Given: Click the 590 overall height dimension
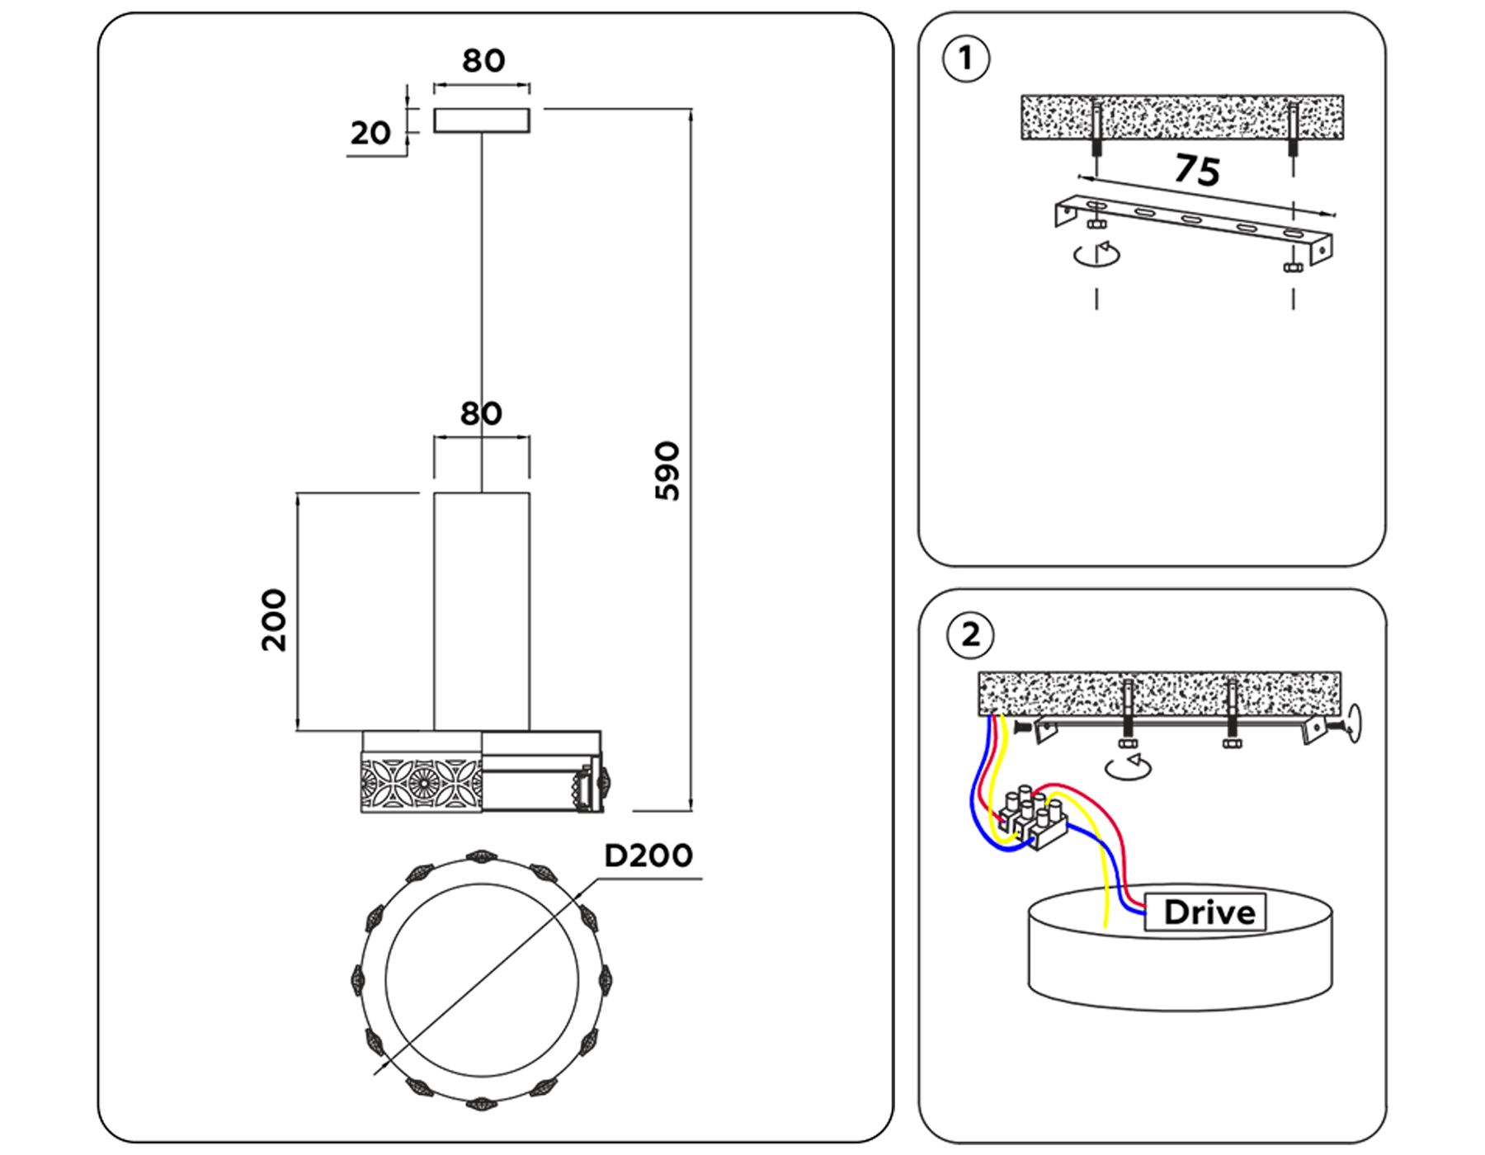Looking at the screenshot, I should pos(667,471).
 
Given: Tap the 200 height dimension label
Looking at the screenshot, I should pos(274,620).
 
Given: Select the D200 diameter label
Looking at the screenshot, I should pos(648,856).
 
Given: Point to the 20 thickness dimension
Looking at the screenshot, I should pos(370,133).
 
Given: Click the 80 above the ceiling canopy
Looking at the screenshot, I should pos(483,61).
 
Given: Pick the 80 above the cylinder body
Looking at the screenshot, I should pos(481,413).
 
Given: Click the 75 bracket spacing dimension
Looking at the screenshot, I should pos(1197,170).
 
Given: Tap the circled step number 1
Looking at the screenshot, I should pos(965,59).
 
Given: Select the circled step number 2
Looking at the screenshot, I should pos(970,635).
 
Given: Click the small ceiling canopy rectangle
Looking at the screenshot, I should pos(482,120).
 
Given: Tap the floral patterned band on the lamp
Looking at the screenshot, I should pos(421,781).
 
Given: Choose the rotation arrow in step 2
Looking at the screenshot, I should pos(1128,766).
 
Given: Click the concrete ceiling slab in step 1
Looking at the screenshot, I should pos(1181,116).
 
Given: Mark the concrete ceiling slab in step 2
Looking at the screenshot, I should pos(1158,693).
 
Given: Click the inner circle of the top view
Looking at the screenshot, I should pos(482,980).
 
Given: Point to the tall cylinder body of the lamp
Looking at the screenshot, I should pos(482,610).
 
